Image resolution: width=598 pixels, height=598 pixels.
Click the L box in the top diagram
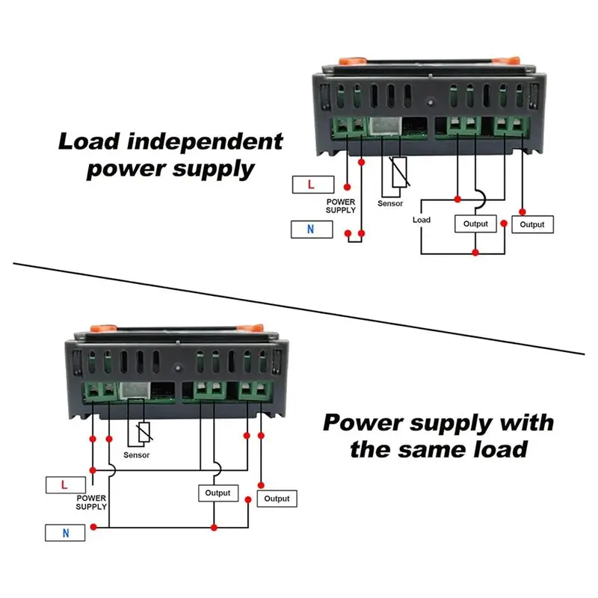313,185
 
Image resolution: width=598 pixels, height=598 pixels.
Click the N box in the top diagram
312,229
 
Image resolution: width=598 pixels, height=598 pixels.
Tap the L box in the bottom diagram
66,484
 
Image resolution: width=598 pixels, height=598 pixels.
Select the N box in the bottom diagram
65,533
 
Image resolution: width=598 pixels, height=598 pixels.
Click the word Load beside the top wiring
422,220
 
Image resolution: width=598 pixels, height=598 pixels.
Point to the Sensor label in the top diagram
390,203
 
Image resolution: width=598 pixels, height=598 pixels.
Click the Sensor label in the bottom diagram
137,455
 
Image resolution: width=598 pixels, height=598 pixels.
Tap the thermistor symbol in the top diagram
399,172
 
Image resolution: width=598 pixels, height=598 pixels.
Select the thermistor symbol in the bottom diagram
144,432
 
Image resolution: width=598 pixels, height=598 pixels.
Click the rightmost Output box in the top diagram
532,224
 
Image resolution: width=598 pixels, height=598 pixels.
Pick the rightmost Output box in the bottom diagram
277,499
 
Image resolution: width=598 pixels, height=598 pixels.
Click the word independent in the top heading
205,141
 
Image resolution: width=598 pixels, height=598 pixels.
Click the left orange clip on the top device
352,61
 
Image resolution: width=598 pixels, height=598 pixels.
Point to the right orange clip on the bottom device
250,327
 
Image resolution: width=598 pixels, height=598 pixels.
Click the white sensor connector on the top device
386,126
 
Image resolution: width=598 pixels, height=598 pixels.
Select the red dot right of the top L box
347,187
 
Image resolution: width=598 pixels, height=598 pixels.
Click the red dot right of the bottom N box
93,527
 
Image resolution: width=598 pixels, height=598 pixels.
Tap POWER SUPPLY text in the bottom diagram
91,502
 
